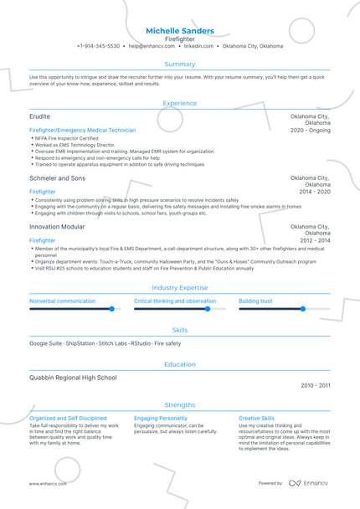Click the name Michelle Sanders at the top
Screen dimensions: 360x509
[180, 31]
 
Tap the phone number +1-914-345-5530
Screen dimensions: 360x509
[98, 46]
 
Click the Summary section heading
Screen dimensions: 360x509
[180, 64]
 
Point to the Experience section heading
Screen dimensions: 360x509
[180, 103]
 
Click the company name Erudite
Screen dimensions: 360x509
[39, 116]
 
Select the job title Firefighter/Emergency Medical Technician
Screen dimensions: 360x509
[82, 131]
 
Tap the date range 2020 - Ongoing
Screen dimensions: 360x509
[311, 131]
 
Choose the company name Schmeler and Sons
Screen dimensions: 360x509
[57, 178]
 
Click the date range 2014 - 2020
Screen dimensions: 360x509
[316, 192]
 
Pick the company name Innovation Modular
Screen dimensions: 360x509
[57, 227]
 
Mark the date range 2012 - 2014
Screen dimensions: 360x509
[316, 240]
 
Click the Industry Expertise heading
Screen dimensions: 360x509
[180, 287]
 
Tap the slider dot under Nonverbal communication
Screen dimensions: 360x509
[111, 309]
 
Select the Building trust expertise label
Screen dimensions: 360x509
[255, 301]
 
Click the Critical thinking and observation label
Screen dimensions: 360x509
[175, 301]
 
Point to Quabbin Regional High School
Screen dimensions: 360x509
[74, 378]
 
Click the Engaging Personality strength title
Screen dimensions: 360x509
[161, 418]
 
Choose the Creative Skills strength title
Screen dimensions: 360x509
[256, 418]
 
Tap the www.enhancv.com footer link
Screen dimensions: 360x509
[48, 484]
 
